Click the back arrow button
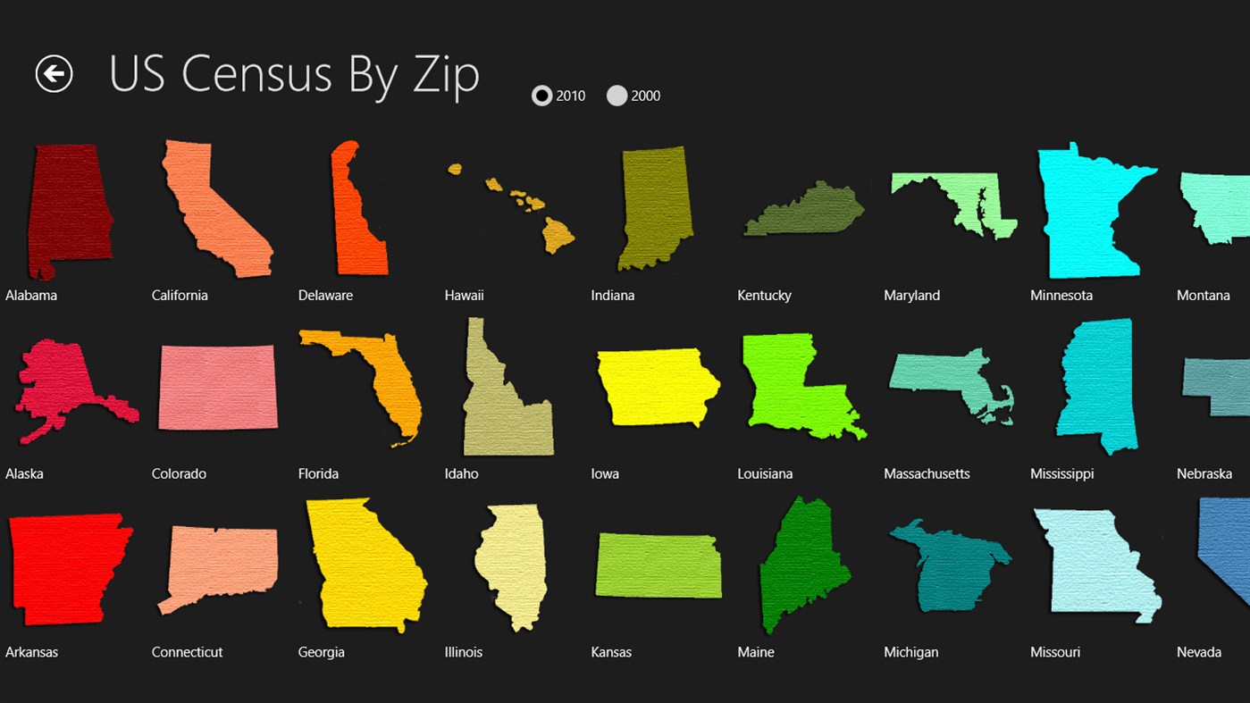coord(54,73)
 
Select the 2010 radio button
coord(542,96)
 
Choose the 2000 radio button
coord(617,96)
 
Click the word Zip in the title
coord(445,75)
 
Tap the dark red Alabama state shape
coord(67,210)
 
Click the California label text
coord(180,296)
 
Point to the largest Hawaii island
coord(558,237)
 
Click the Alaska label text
coord(24,474)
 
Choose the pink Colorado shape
coord(217,387)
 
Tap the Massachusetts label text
coord(927,474)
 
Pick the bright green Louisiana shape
coord(786,384)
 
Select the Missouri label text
coord(1054,653)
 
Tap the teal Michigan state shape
coord(947,572)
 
